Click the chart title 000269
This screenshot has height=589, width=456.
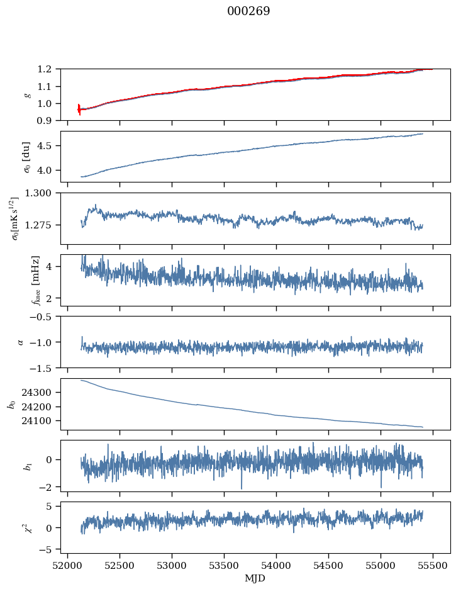click(248, 11)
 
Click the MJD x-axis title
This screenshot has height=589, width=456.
click(255, 578)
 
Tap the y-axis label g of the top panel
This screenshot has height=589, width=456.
click(27, 95)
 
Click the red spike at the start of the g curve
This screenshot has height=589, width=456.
click(79, 109)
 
